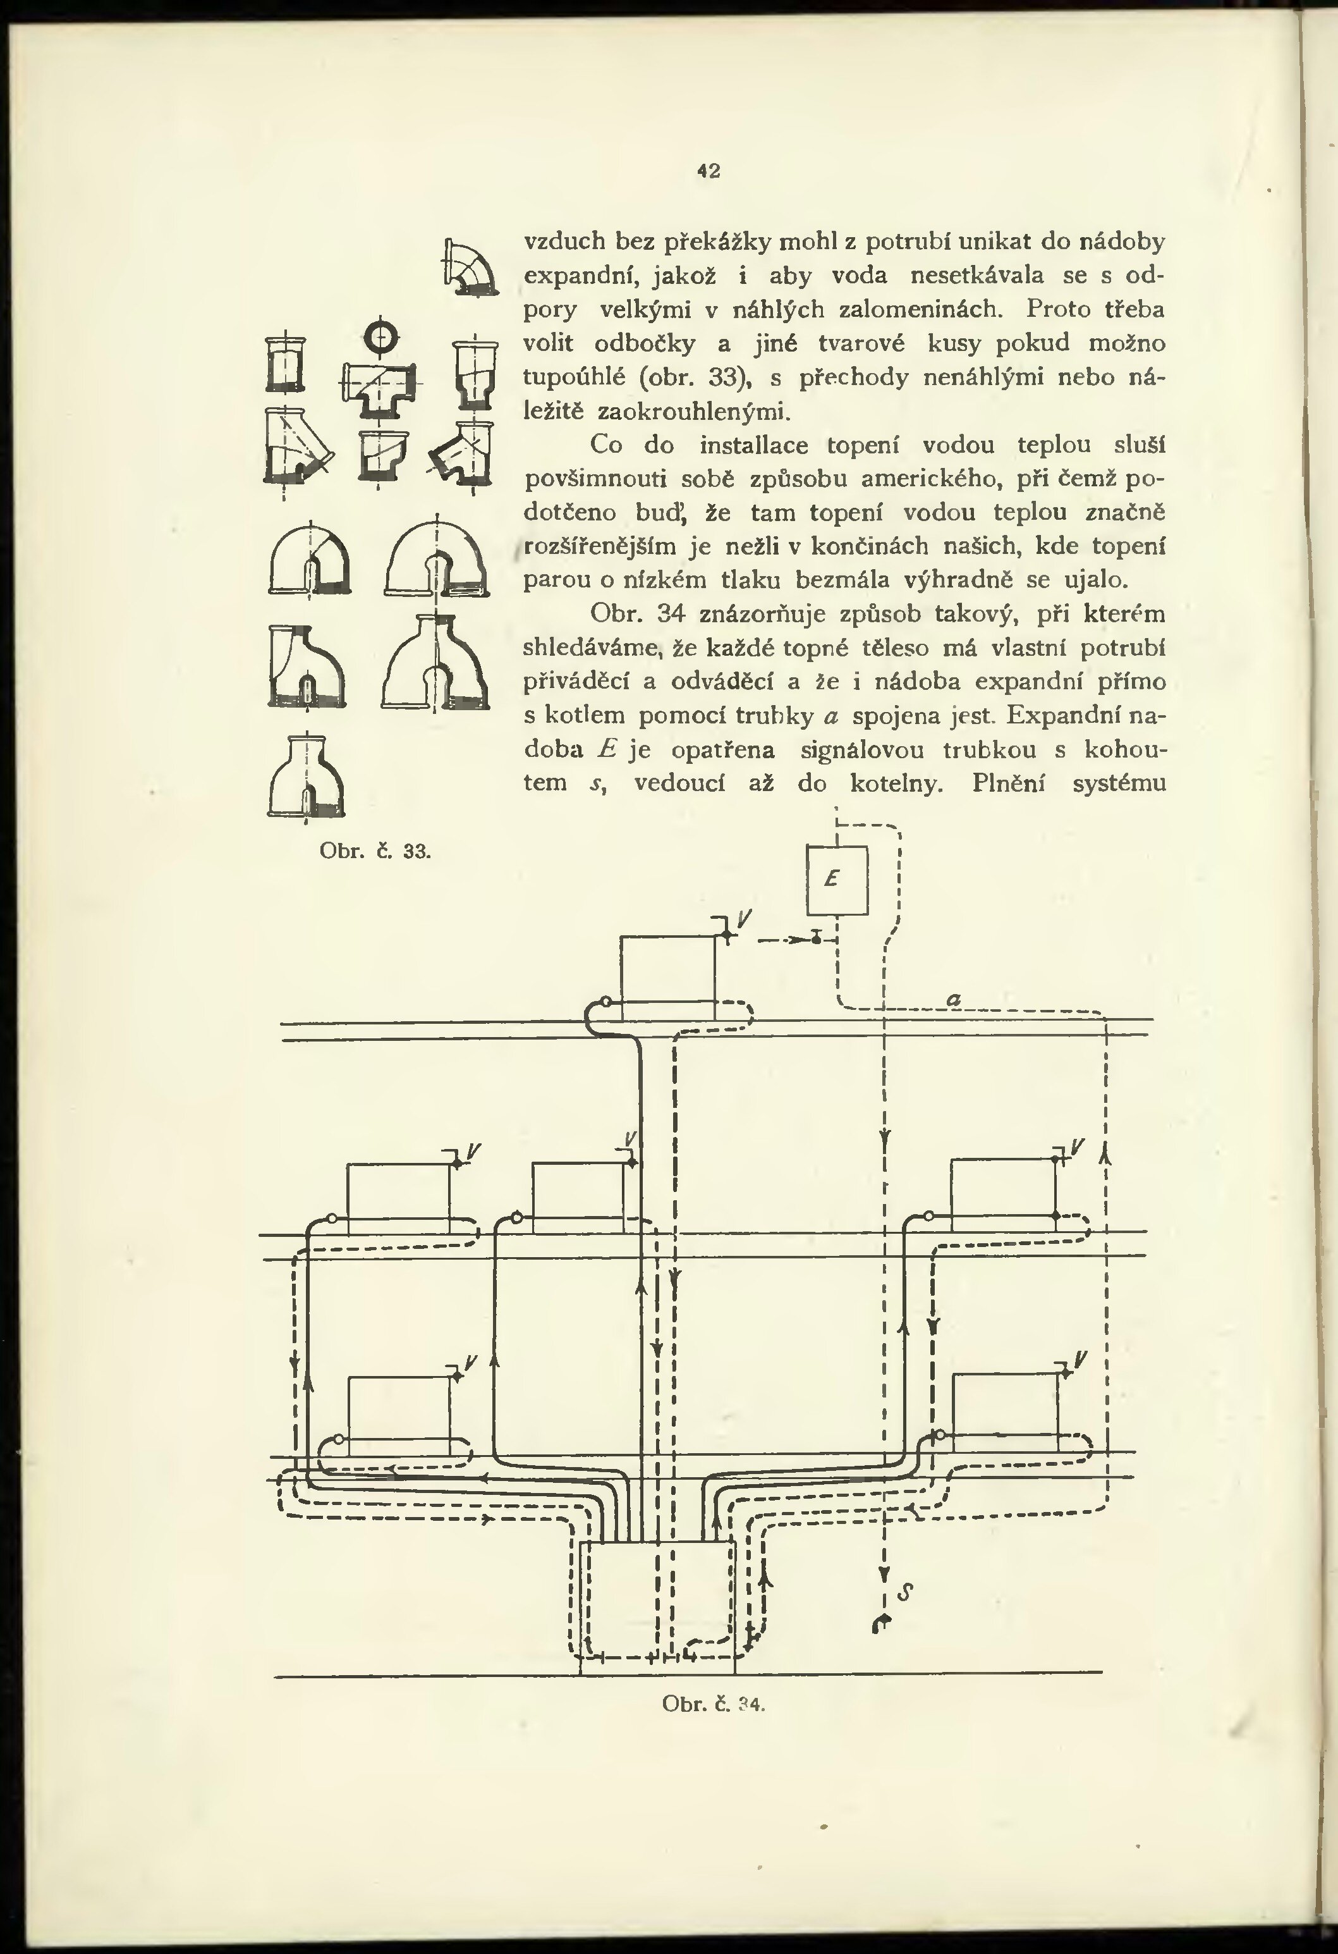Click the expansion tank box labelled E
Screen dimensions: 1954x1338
837,878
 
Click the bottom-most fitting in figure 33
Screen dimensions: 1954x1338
307,777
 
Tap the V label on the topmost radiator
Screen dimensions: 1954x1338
745,920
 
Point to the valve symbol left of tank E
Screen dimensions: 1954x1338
816,938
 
